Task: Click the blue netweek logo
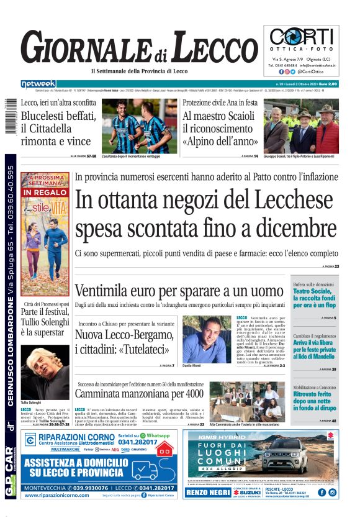pyautogui.click(x=38, y=84)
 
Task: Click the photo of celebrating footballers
pyautogui.click(x=140, y=124)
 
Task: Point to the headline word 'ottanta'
pyautogui.click(x=145, y=202)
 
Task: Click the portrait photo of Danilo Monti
pyautogui.click(x=207, y=339)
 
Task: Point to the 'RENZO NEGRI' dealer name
pyautogui.click(x=208, y=493)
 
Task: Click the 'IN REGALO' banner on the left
pyautogui.click(x=45, y=193)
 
